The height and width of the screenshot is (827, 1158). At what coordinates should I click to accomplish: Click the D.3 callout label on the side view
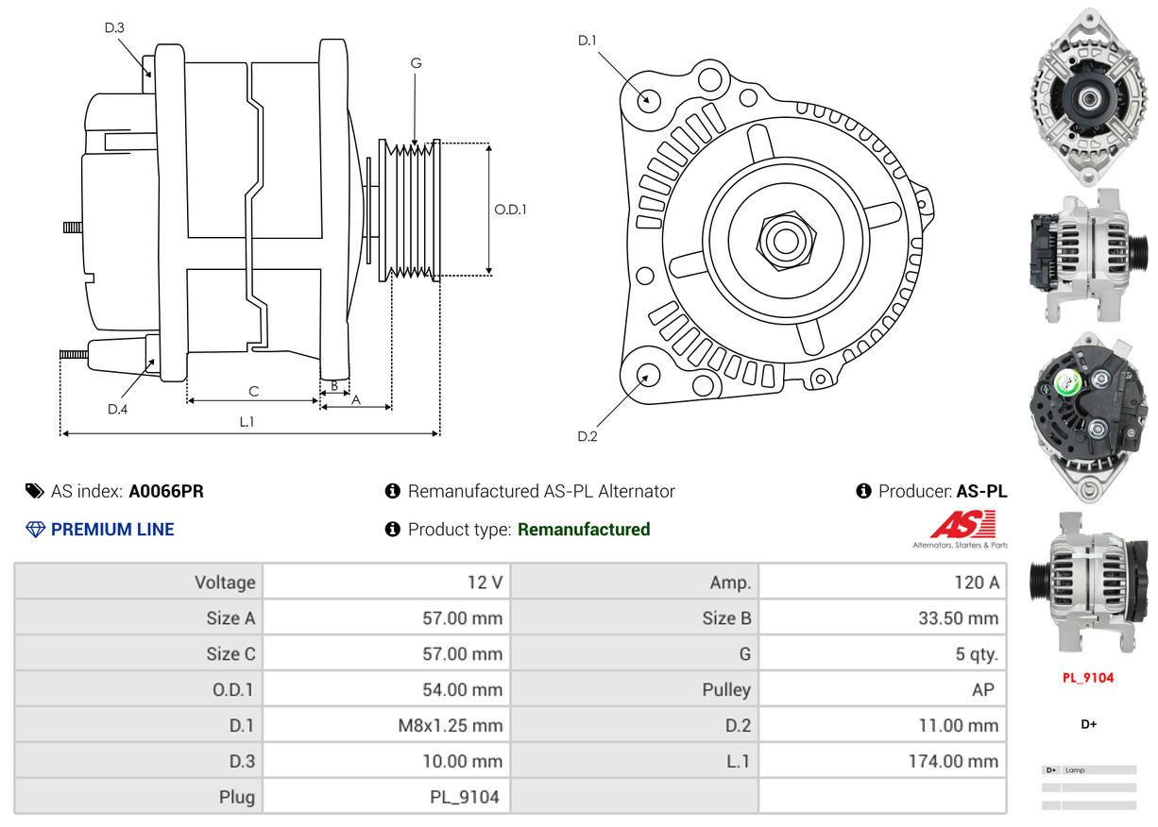click(x=114, y=27)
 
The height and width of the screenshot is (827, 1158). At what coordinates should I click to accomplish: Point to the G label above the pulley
click(x=416, y=63)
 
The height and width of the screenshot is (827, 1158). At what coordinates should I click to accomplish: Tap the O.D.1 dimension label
click(x=510, y=210)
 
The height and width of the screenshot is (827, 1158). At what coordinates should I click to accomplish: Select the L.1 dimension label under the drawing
click(x=247, y=422)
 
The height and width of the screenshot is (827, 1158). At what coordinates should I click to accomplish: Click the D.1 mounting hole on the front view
click(x=648, y=98)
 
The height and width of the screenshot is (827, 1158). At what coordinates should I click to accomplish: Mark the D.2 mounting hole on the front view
click(x=648, y=376)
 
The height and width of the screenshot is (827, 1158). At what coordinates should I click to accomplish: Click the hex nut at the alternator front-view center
click(x=784, y=239)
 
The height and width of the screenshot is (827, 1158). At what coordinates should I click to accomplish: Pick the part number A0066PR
click(x=166, y=491)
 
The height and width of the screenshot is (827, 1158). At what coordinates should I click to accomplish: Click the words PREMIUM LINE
click(x=112, y=530)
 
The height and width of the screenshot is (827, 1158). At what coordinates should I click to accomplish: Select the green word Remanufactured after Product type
click(x=584, y=530)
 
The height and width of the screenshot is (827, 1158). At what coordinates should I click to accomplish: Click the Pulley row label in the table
click(x=726, y=690)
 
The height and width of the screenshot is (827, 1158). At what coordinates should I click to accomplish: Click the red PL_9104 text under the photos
click(x=1088, y=678)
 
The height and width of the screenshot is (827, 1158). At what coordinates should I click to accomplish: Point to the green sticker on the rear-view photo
click(x=1068, y=381)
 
